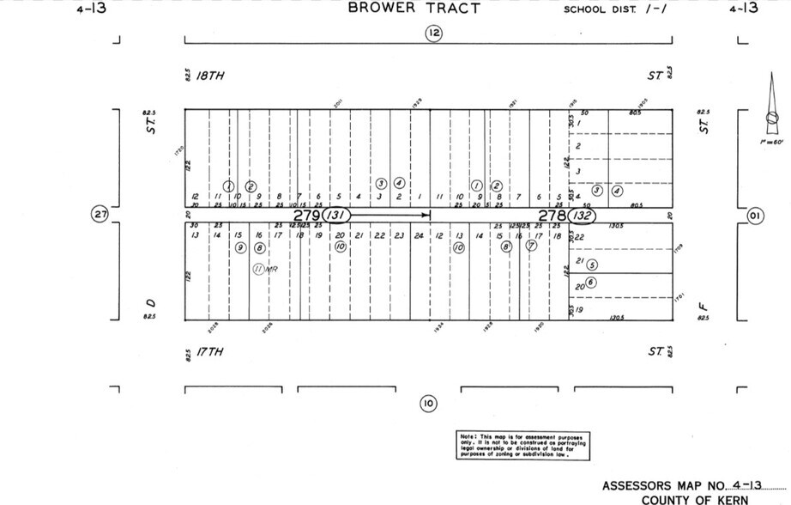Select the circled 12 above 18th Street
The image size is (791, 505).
point(433,33)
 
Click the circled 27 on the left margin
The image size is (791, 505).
point(100,214)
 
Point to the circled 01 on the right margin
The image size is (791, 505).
point(755,215)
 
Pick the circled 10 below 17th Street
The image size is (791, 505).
point(429,403)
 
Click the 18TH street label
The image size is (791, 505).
point(209,76)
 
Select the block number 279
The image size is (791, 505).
point(306,215)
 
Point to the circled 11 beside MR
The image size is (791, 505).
point(258,269)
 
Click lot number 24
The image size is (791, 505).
point(419,235)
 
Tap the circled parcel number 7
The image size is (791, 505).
point(531,246)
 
